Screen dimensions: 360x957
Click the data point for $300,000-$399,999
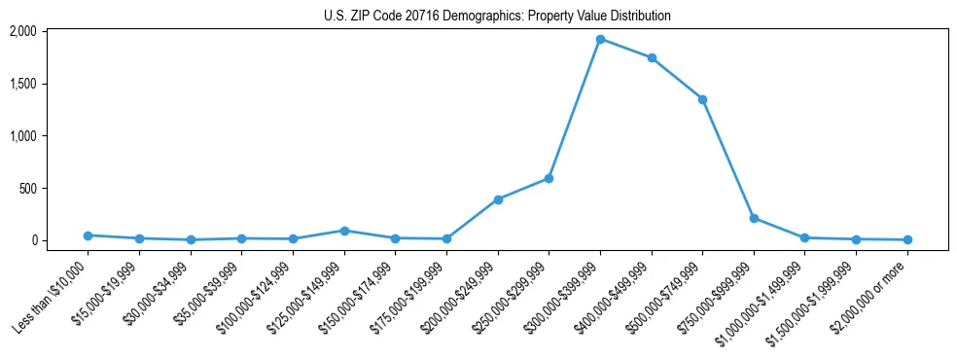[600, 40]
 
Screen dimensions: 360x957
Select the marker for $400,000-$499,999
[652, 58]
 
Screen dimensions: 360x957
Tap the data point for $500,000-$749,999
[702, 99]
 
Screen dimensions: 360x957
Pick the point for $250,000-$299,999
[549, 178]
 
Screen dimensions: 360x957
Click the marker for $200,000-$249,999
[498, 199]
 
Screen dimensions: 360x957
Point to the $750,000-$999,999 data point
[754, 218]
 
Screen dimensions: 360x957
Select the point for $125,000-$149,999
[344, 231]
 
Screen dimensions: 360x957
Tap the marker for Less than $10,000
[89, 235]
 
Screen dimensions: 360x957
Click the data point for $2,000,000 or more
[907, 239]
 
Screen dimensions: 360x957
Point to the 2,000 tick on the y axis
[22, 31]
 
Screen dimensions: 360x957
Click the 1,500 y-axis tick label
[22, 84]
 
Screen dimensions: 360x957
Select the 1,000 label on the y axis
[22, 136]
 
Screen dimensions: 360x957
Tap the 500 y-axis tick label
[27, 188]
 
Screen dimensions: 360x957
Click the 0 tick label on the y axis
[32, 240]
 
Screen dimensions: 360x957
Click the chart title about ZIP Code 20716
[497, 16]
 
